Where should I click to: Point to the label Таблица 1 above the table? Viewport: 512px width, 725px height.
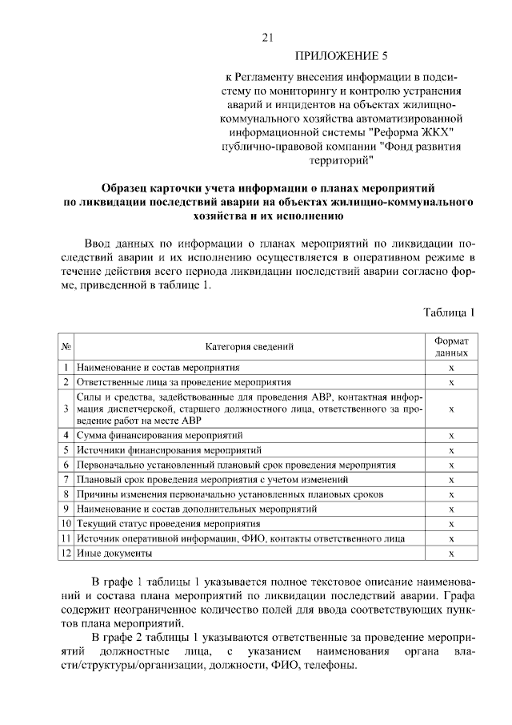(449, 312)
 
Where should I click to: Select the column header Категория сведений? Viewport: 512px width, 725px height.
(249, 347)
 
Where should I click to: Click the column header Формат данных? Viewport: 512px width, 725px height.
(450, 347)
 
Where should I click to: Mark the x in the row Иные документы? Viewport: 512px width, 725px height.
(450, 553)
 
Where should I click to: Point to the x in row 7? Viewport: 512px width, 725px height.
(450, 480)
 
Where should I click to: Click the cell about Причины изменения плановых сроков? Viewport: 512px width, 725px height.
(229, 494)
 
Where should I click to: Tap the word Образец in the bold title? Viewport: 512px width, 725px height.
(128, 187)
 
